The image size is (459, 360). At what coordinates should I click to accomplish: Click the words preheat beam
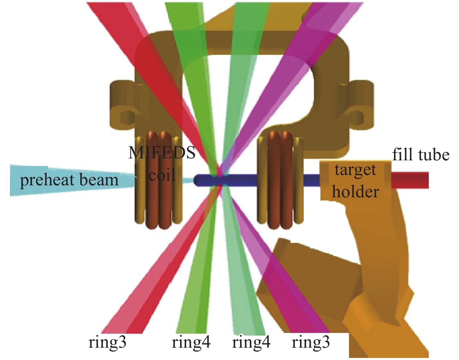(69, 180)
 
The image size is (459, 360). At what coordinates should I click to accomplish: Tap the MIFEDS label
(162, 153)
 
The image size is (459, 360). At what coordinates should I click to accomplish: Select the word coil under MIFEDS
(162, 175)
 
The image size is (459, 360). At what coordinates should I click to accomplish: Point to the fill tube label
(421, 155)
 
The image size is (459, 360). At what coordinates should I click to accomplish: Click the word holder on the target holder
(356, 192)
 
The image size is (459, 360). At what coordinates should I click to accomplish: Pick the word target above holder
(355, 170)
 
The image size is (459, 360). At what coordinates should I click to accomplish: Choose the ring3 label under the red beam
(107, 342)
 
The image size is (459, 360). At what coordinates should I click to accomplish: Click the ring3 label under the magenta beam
(311, 342)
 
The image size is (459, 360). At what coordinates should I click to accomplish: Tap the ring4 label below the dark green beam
(191, 342)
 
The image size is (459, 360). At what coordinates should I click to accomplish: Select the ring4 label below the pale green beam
(251, 342)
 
